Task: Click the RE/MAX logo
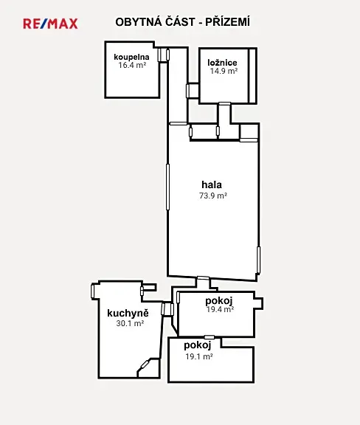(50, 24)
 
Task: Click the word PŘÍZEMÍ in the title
(227, 22)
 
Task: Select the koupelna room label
(131, 58)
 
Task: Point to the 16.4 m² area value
(132, 66)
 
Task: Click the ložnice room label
(222, 63)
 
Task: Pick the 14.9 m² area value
(224, 71)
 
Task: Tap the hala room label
(212, 184)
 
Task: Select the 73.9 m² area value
(213, 196)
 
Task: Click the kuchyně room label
(128, 313)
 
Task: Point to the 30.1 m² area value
(130, 323)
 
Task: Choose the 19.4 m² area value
(220, 309)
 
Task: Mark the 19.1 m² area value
(199, 356)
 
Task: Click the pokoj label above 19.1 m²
(198, 345)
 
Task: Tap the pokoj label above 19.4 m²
(219, 301)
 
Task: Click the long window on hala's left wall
(167, 187)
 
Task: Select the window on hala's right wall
(258, 260)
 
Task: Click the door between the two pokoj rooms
(210, 337)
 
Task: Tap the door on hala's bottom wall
(203, 278)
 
